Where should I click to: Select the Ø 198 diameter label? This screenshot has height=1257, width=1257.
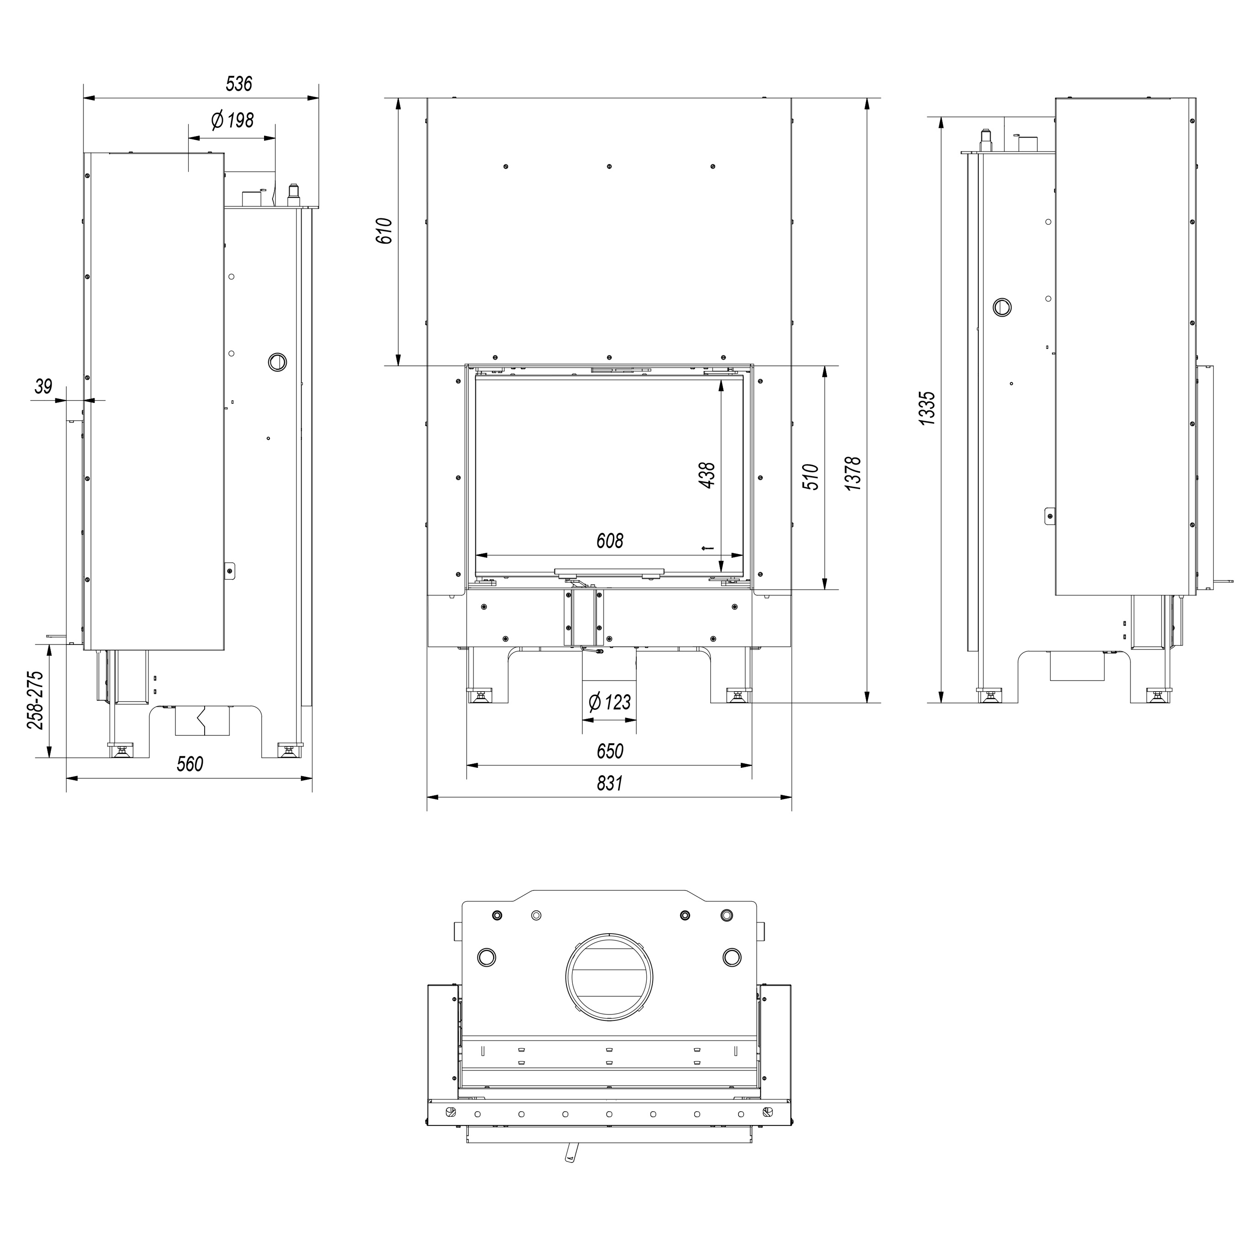click(x=232, y=121)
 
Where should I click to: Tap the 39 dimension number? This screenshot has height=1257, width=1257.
click(x=43, y=386)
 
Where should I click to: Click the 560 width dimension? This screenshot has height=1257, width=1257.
click(x=190, y=764)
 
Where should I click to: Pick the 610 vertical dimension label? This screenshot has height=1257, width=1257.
click(x=385, y=231)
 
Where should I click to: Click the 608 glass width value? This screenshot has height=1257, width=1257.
click(x=610, y=541)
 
